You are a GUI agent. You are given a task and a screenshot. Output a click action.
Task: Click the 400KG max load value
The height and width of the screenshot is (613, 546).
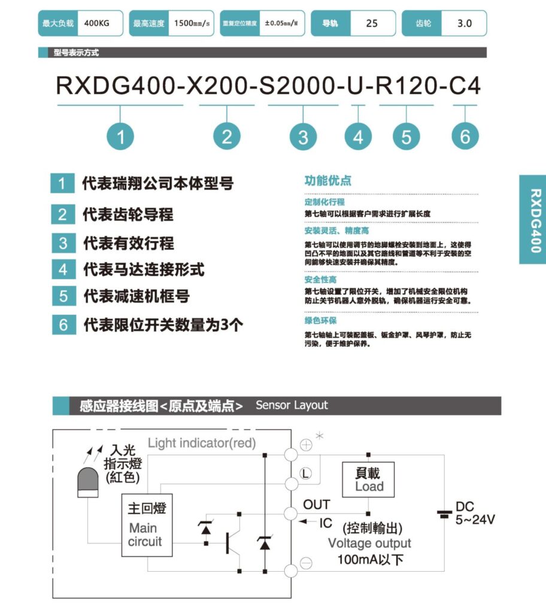tap(96, 23)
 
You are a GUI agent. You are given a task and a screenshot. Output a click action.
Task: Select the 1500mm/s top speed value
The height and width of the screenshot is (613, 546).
tap(192, 23)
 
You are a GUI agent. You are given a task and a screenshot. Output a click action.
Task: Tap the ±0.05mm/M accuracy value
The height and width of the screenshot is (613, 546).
tap(281, 23)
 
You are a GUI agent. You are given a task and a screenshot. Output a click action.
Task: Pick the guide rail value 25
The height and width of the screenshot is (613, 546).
tap(372, 23)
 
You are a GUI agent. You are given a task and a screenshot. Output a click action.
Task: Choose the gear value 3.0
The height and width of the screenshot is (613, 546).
tap(464, 23)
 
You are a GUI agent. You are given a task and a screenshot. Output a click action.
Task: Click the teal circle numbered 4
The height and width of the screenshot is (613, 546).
tap(358, 136)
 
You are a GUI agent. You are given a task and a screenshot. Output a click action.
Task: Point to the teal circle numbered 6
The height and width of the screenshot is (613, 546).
tap(465, 136)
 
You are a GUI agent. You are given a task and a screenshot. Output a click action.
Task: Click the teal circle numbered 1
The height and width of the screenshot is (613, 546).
tap(120, 136)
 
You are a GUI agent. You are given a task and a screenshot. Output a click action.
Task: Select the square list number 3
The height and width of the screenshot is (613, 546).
tap(63, 243)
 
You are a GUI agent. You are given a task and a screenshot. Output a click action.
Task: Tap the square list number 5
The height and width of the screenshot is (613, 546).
tap(63, 296)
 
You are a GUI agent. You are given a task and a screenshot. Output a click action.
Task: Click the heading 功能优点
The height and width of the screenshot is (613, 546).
tap(327, 181)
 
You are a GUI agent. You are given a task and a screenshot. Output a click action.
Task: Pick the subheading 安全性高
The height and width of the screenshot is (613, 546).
tap(320, 280)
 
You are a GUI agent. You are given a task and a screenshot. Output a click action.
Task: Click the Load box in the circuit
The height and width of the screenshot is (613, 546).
tap(368, 480)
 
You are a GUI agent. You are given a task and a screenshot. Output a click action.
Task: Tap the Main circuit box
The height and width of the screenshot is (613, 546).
tap(147, 525)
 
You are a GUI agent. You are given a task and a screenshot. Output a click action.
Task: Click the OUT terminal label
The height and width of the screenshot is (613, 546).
tap(317, 505)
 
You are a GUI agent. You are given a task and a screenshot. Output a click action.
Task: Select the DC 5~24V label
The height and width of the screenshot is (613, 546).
tap(475, 513)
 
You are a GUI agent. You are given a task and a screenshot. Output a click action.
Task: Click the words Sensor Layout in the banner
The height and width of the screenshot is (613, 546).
tap(292, 405)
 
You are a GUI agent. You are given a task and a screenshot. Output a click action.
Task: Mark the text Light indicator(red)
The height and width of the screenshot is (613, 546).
tap(202, 443)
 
